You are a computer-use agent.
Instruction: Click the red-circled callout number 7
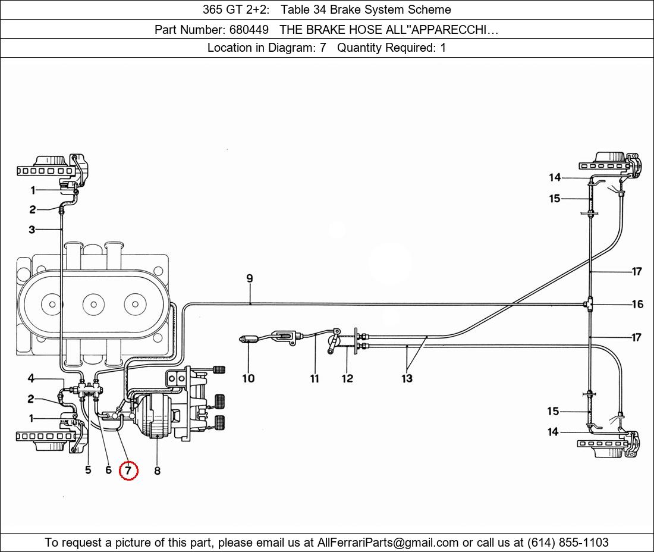128,471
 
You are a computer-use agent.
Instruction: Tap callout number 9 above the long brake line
250,278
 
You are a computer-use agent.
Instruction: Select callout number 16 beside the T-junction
637,304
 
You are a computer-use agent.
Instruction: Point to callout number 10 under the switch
249,378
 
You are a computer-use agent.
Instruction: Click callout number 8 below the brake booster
157,471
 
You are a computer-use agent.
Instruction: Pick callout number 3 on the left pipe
32,230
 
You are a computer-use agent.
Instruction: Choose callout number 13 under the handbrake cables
407,378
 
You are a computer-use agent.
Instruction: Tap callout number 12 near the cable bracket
347,378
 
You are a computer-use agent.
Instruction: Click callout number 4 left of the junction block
31,378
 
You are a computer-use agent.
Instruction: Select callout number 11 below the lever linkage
315,378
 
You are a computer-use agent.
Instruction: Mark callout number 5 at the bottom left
88,470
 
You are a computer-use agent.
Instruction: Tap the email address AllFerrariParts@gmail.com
388,542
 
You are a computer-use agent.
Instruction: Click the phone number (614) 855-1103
568,542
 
